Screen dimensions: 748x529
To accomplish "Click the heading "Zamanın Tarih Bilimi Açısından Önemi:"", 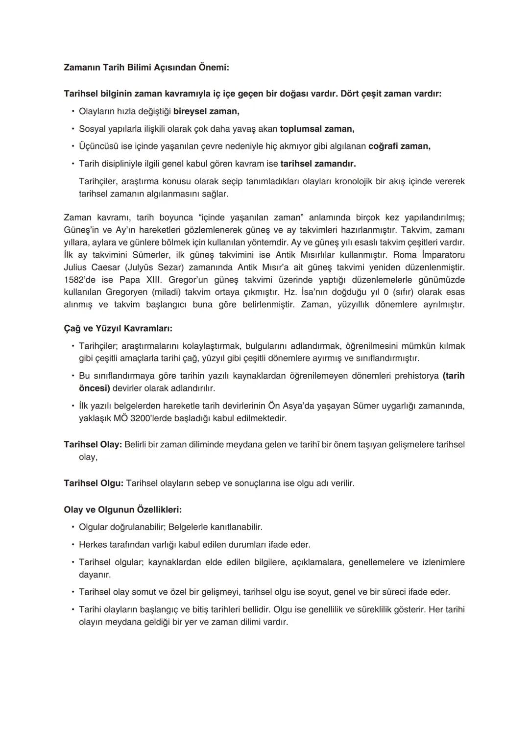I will [146, 68].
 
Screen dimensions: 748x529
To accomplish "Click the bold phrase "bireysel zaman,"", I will [206, 111].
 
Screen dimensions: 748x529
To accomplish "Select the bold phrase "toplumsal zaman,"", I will [317, 129].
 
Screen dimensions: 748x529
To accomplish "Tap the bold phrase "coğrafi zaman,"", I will [399, 146].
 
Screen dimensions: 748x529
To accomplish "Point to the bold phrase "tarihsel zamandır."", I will [318, 163].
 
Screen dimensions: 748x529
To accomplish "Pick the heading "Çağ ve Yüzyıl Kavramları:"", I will [118, 328].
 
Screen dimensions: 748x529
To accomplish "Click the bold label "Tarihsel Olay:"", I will [93, 445].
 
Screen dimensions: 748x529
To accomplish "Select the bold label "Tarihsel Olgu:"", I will [94, 483].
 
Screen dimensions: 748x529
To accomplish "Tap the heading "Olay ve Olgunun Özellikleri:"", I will [122, 509].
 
